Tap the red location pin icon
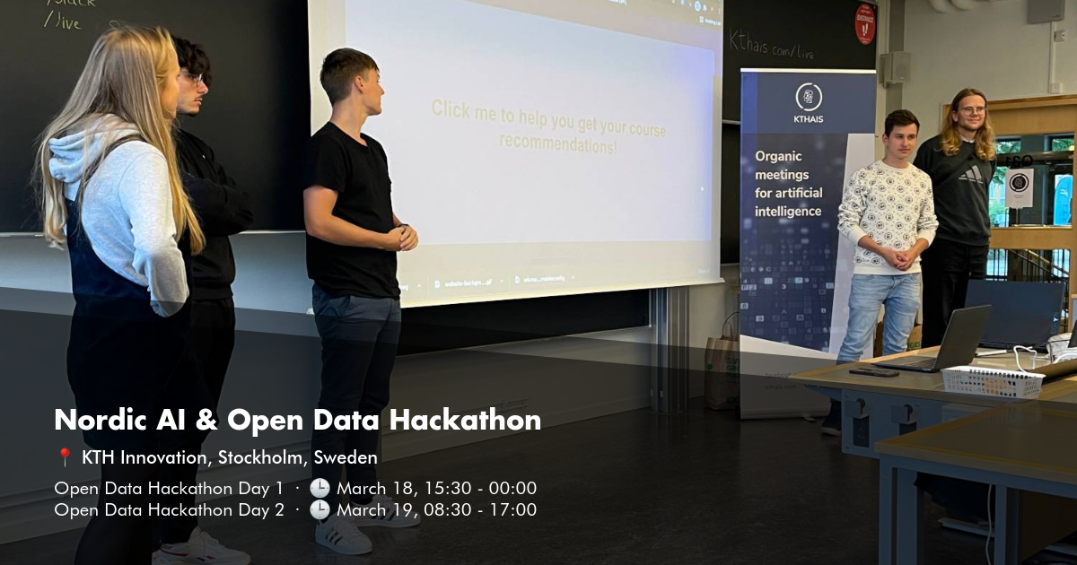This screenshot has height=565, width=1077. (x=64, y=457)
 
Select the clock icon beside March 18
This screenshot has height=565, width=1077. (x=320, y=489)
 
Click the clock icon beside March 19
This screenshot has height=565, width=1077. (x=320, y=510)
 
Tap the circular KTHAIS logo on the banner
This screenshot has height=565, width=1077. (x=808, y=97)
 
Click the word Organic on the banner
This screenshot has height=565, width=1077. (x=779, y=156)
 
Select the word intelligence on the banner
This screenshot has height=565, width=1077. (x=788, y=212)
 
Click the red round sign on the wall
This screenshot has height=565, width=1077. (x=865, y=23)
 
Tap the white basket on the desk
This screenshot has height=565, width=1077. (x=992, y=381)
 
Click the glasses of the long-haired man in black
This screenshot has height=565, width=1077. (x=972, y=111)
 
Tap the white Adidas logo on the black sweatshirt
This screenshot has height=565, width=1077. (x=971, y=174)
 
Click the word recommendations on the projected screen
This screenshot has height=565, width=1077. (x=558, y=143)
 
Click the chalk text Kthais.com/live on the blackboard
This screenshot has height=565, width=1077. (x=772, y=42)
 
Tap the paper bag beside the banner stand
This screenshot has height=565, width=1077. (x=722, y=368)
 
